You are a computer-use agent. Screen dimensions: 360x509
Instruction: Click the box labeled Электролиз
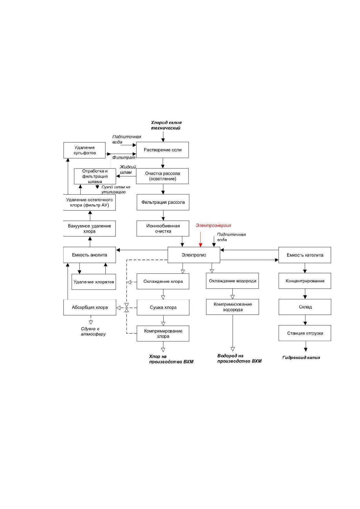[x=194, y=255]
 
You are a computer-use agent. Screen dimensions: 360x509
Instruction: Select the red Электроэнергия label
[x=213, y=225]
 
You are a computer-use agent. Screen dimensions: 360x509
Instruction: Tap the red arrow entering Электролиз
[x=200, y=239]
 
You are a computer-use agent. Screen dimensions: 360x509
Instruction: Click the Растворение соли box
[x=162, y=150]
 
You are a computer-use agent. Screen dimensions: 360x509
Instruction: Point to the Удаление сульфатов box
[x=84, y=150]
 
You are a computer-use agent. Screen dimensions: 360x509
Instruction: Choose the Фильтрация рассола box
[x=163, y=202]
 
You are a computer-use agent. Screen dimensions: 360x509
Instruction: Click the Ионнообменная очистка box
[x=163, y=229]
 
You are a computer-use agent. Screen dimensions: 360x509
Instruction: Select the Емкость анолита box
[x=90, y=255]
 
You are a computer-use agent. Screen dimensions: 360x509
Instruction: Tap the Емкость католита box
[x=305, y=255]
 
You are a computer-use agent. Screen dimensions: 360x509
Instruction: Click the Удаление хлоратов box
[x=94, y=282]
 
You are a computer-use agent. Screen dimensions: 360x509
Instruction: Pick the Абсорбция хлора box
[x=90, y=307]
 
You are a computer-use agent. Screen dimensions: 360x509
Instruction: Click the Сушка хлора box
[x=163, y=307]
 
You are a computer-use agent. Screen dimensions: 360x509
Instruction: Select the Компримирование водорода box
[x=232, y=307]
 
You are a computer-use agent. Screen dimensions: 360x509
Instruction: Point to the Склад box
[x=305, y=307]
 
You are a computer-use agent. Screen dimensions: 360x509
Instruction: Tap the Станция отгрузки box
[x=305, y=333]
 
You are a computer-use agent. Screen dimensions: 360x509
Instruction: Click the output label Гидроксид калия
[x=301, y=358]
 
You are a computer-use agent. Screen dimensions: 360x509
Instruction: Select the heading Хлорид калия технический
[x=166, y=125]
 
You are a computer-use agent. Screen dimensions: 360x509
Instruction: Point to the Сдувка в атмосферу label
[x=93, y=332]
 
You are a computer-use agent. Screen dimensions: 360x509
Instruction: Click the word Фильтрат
[x=124, y=157]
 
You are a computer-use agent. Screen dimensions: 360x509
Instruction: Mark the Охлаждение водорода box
[x=232, y=281]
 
